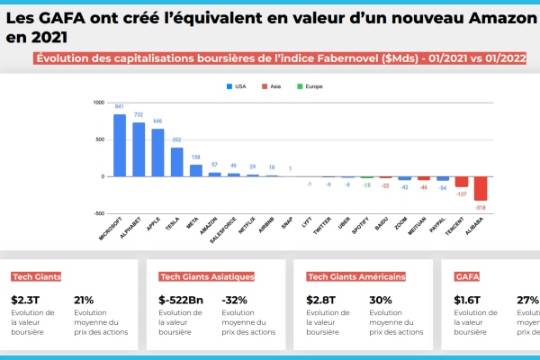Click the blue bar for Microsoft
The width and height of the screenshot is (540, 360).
pos(120,145)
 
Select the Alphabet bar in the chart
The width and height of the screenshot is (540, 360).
pos(139,149)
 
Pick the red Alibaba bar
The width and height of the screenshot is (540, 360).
pos(481,188)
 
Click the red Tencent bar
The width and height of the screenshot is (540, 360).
pos(462,181)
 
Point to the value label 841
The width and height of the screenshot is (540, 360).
pos(120,106)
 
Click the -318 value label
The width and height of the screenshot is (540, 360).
pos(481,207)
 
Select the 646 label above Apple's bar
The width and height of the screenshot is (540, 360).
pos(157,121)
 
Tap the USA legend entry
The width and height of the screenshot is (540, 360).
pos(237,86)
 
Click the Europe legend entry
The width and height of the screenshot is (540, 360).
pos(310,86)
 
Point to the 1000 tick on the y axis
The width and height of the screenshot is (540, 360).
pos(99,103)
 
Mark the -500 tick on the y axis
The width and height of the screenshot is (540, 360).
pos(99,214)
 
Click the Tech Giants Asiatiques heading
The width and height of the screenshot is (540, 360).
pos(207,277)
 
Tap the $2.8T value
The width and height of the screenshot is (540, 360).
pos(322,300)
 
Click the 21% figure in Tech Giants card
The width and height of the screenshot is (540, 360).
pos(84,300)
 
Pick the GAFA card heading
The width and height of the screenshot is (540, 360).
pos(468,277)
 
